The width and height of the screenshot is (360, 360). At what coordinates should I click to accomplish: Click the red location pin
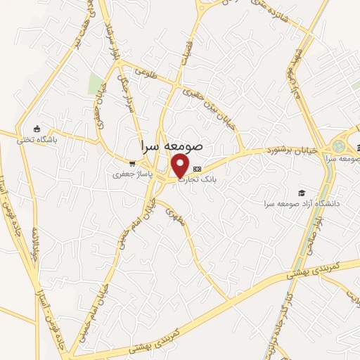[x=181, y=166]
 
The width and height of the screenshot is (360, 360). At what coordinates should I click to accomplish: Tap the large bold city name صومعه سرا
[x=172, y=146]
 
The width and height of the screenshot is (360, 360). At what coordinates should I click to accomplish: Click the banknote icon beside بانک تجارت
[x=197, y=169]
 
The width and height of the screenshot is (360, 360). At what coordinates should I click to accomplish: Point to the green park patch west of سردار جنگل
[x=95, y=83]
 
